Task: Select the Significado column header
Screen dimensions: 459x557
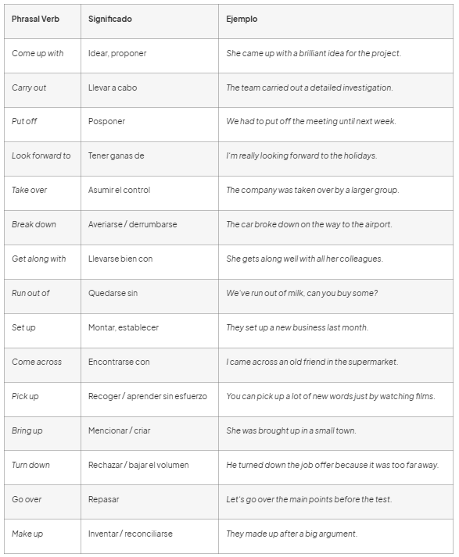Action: pos(109,19)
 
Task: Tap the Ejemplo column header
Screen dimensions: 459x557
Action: pos(242,19)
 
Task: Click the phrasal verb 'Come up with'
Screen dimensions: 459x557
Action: pos(38,53)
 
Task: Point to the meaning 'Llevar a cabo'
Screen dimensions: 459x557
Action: pos(113,87)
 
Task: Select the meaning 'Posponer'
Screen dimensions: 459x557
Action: pos(106,122)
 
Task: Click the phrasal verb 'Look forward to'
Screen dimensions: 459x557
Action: pos(41,155)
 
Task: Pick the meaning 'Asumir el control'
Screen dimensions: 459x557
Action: pos(119,190)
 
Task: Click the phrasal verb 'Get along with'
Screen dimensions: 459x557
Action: pos(38,259)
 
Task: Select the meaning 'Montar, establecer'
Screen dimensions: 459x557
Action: pos(124,327)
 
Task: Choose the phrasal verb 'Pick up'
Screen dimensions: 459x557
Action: pos(25,396)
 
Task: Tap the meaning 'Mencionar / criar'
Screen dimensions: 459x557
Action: pos(119,430)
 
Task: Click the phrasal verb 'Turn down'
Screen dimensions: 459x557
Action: pos(30,465)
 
